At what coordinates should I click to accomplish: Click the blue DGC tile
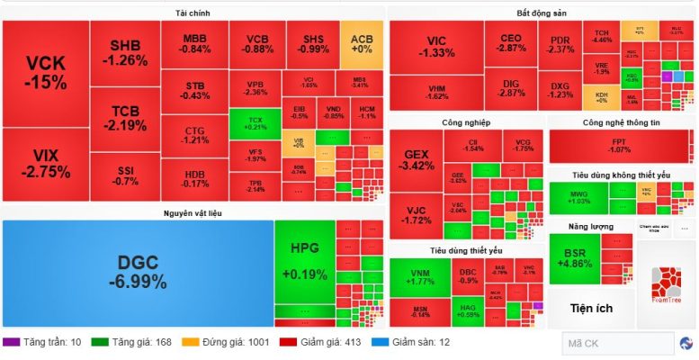pos(137,273)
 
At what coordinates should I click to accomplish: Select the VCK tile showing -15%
pos(45,72)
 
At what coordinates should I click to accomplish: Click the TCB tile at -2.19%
pos(125,118)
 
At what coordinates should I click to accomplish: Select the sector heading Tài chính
pos(193,13)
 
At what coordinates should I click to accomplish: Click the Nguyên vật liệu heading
pos(193,212)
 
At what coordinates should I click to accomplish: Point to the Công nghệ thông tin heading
pos(620,121)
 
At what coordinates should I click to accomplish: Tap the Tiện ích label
pos(591,309)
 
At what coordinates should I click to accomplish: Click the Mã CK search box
pos(617,343)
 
